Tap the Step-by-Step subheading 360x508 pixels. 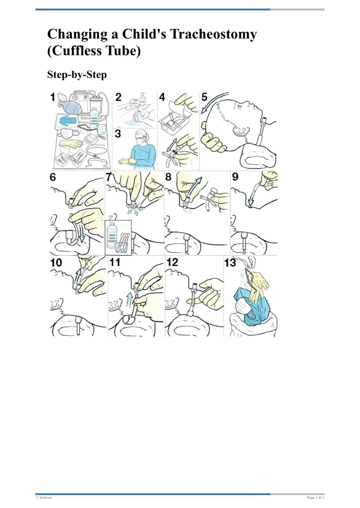[x=77, y=75]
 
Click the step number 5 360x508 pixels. [x=205, y=97]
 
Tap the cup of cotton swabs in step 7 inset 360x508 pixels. [x=124, y=243]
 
